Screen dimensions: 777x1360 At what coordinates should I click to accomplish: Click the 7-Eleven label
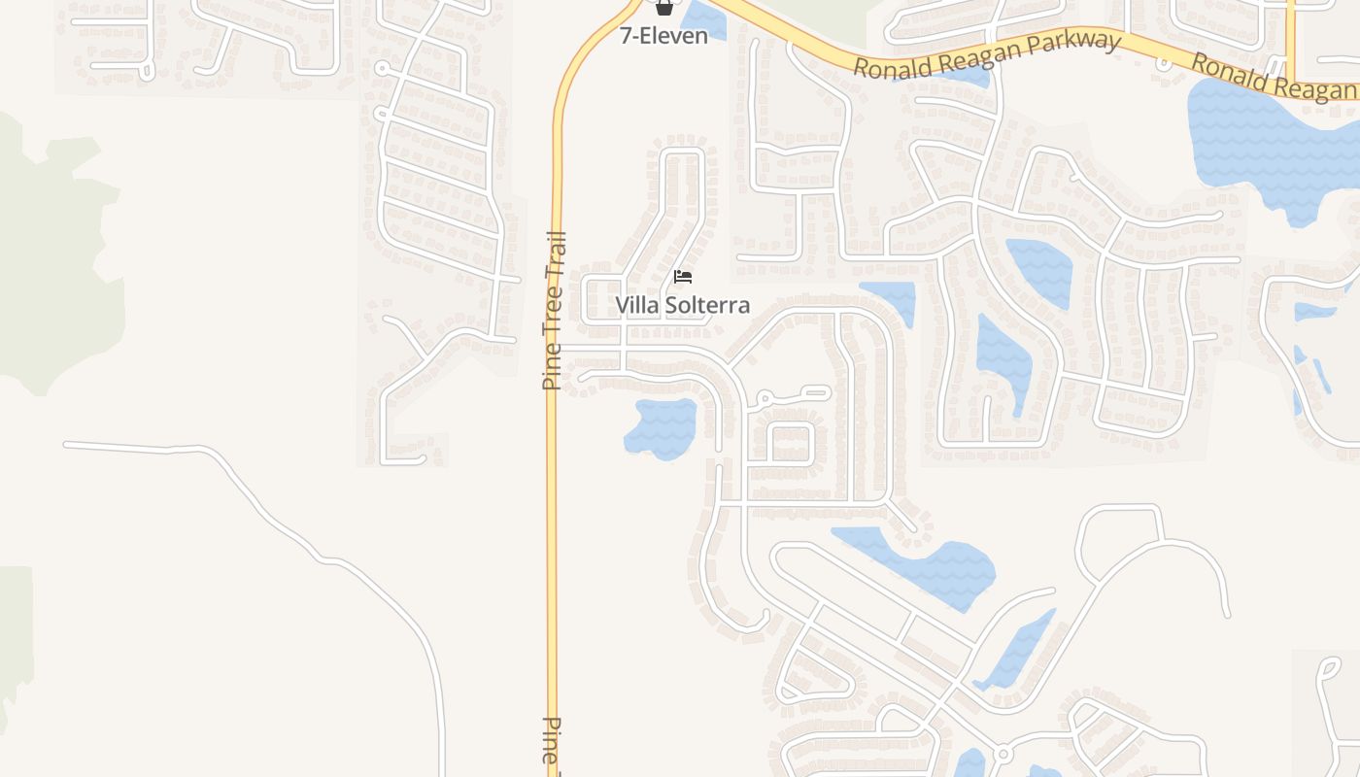[x=663, y=37]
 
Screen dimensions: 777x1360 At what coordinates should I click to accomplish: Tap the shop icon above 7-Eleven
[x=663, y=8]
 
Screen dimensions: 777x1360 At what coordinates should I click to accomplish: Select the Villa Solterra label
[x=682, y=305]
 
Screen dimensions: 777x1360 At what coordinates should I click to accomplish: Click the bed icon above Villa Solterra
[x=683, y=277]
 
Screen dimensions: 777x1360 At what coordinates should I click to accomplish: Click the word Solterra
[x=707, y=305]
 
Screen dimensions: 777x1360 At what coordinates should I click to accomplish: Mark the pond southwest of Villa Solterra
[x=662, y=427]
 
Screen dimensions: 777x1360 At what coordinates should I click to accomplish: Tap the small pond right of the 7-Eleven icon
[x=702, y=20]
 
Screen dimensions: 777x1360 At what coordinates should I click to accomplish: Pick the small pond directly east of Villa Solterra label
[x=889, y=300]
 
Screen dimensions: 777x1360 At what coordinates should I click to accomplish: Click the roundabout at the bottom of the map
[x=1003, y=754]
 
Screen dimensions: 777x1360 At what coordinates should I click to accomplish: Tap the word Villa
[x=636, y=305]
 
